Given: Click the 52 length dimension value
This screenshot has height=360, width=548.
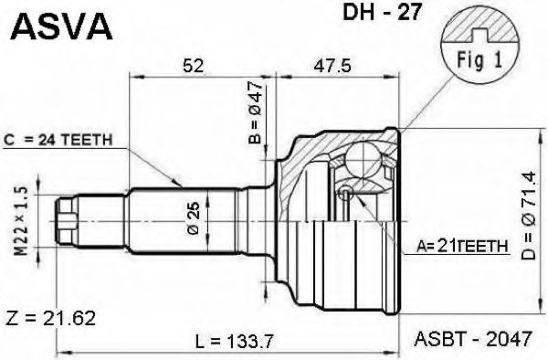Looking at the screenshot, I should (194, 66).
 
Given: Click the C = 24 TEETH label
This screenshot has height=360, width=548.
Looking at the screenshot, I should (59, 140).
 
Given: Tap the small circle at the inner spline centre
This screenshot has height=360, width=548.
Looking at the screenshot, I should (347, 193).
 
